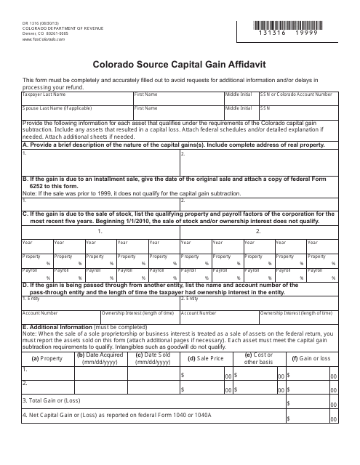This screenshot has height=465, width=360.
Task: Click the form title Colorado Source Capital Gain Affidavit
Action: click(180, 64)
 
